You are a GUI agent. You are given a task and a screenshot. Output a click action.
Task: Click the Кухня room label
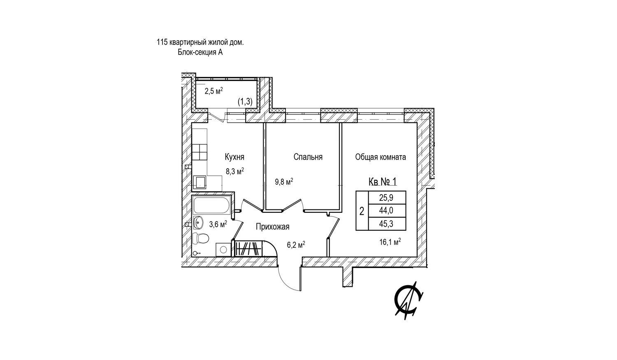234,157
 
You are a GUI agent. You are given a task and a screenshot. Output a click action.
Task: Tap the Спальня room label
308,157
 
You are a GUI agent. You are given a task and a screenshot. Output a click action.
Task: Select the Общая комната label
380,157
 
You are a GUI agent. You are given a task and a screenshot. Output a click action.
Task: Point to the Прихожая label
272,227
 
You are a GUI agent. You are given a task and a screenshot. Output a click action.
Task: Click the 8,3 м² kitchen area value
235,171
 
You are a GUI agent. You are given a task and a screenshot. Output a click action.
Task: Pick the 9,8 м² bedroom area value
283,181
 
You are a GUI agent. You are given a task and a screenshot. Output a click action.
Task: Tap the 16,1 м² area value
390,243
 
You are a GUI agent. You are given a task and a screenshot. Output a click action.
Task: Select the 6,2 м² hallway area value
296,245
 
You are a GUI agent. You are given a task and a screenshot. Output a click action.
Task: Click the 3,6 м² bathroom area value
218,224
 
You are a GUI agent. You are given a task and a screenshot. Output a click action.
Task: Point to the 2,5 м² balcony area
213,91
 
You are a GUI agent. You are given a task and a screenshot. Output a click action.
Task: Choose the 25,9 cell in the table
387,197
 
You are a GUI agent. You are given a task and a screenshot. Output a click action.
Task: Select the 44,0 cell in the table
387,211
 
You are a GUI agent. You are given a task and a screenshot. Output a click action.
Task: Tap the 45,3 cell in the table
387,224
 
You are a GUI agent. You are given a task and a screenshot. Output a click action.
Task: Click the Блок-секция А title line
200,52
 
